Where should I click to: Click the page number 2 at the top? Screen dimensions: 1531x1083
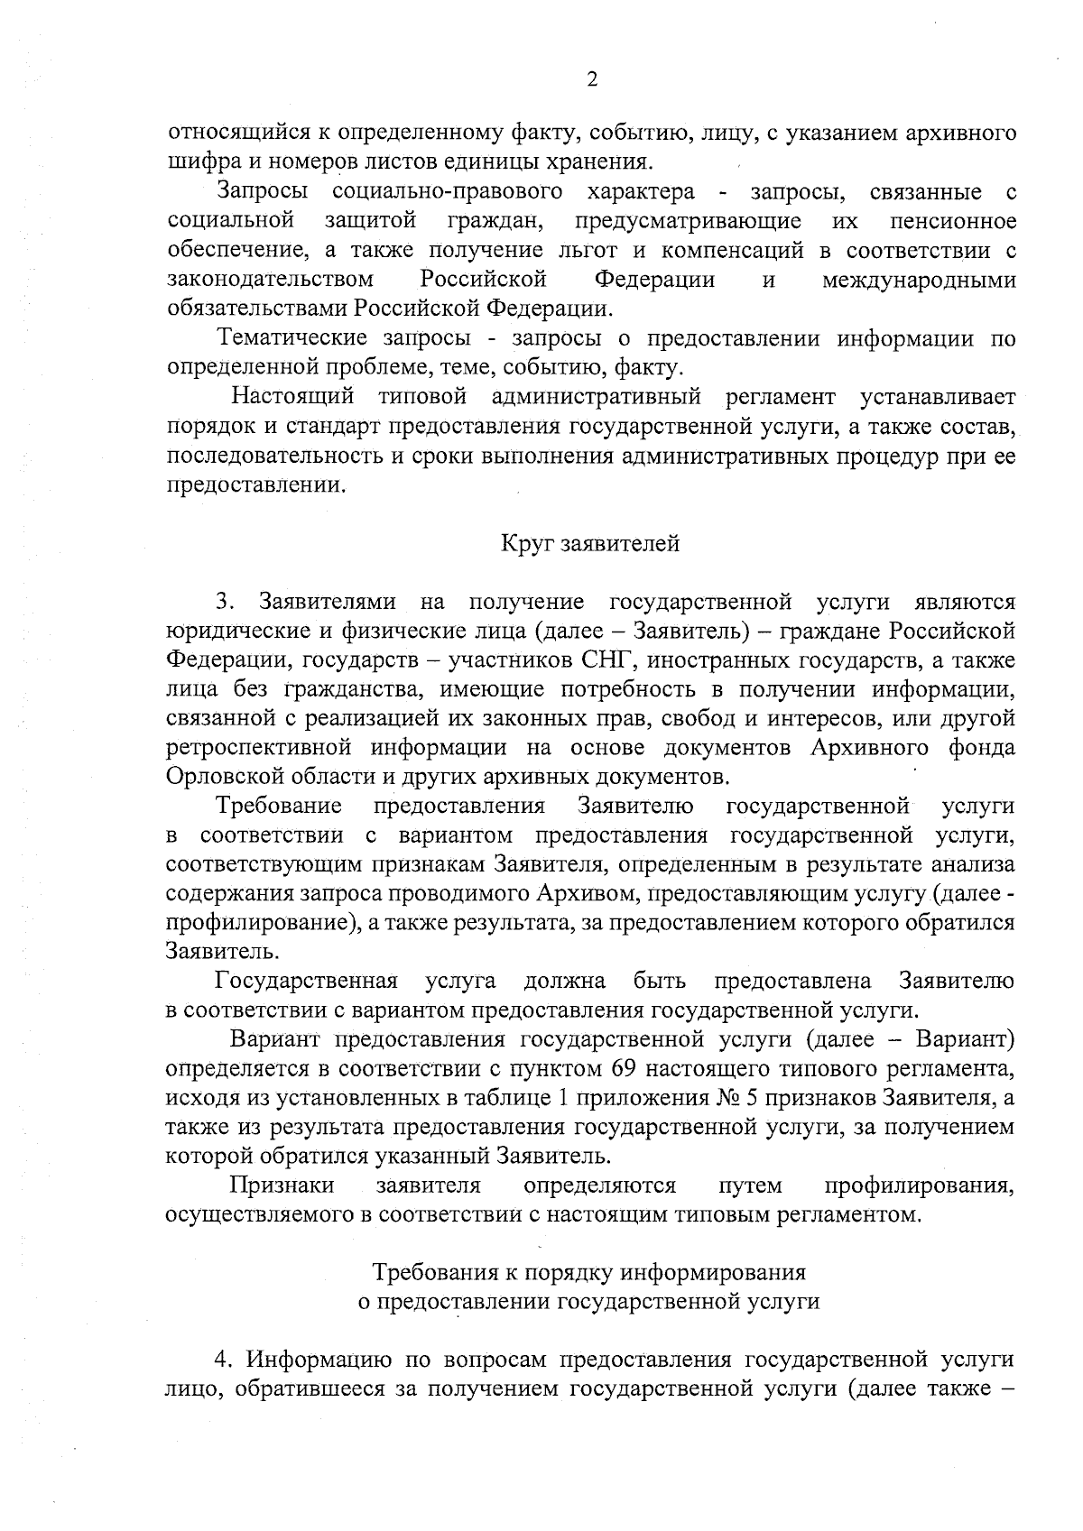pyautogui.click(x=592, y=79)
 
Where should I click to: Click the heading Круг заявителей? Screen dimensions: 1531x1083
pyautogui.click(x=590, y=543)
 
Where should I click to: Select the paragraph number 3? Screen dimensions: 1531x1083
pyautogui.click(x=224, y=602)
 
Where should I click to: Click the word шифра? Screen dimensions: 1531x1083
pyautogui.click(x=194, y=162)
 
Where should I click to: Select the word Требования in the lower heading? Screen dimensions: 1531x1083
pyautogui.click(x=429, y=1272)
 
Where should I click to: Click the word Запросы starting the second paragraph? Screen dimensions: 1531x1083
pyautogui.click(x=262, y=191)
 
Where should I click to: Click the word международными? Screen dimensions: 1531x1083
pyautogui.click(x=918, y=280)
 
